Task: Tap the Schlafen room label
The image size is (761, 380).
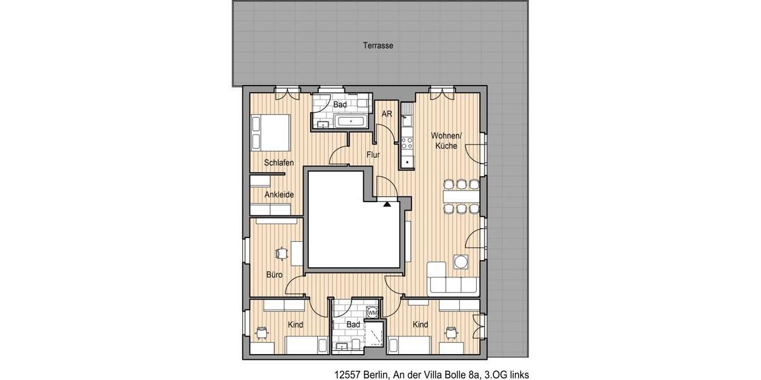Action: pyautogui.click(x=279, y=163)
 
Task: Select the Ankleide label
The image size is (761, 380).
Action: pyautogui.click(x=279, y=194)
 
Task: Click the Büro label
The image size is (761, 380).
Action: pyautogui.click(x=274, y=275)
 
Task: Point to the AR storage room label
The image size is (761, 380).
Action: pyautogui.click(x=386, y=114)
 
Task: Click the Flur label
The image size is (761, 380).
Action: pyautogui.click(x=373, y=154)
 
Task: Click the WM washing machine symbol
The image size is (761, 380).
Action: pyautogui.click(x=373, y=312)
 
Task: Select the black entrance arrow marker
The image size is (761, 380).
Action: pyautogui.click(x=387, y=204)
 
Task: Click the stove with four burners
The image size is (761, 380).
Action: pyautogui.click(x=407, y=143)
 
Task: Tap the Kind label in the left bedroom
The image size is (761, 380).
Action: pyautogui.click(x=295, y=325)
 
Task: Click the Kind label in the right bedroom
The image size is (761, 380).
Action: pyautogui.click(x=420, y=325)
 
